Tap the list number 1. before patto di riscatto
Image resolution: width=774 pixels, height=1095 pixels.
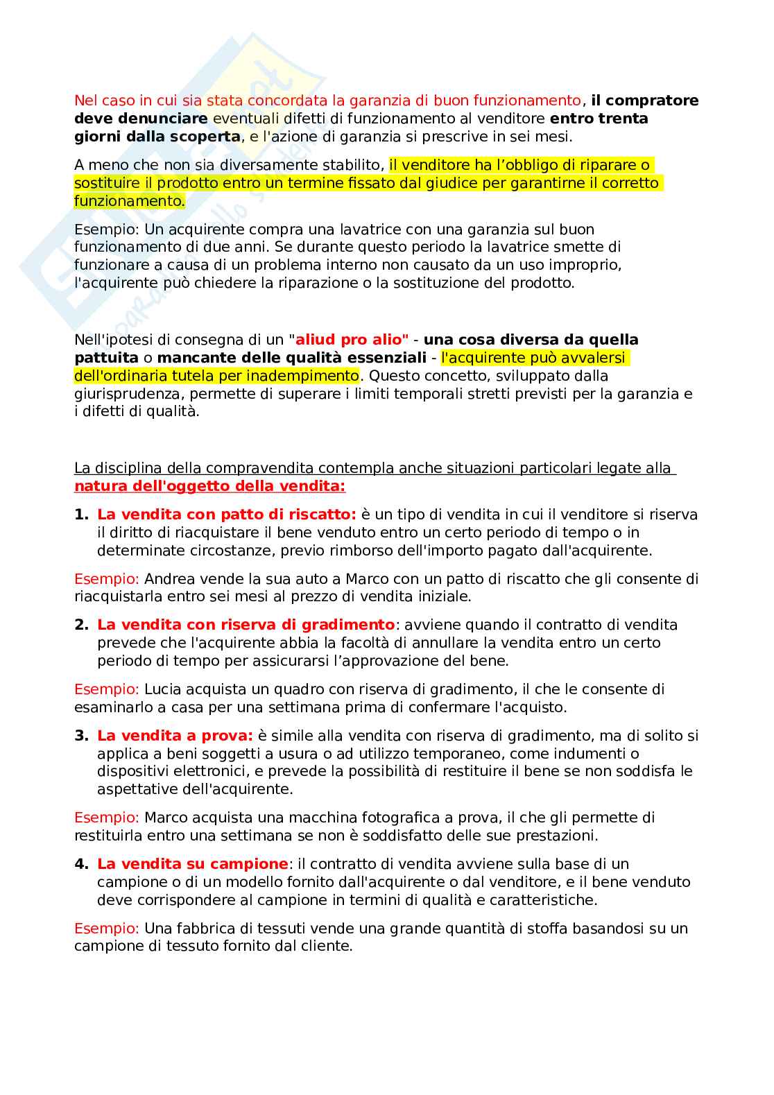point(81,515)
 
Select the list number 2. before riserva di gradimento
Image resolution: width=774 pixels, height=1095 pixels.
point(81,625)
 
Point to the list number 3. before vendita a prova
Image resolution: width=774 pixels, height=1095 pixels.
point(81,736)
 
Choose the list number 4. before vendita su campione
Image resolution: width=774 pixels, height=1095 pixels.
point(81,864)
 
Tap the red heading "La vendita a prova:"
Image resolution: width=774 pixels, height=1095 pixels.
point(175,736)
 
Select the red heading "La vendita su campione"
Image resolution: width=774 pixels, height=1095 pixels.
point(192,864)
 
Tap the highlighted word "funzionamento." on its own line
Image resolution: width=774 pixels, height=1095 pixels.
point(130,201)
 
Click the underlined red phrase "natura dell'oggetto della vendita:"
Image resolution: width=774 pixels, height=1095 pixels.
point(209,486)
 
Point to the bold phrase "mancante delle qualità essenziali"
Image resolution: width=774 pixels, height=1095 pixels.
point(292,358)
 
